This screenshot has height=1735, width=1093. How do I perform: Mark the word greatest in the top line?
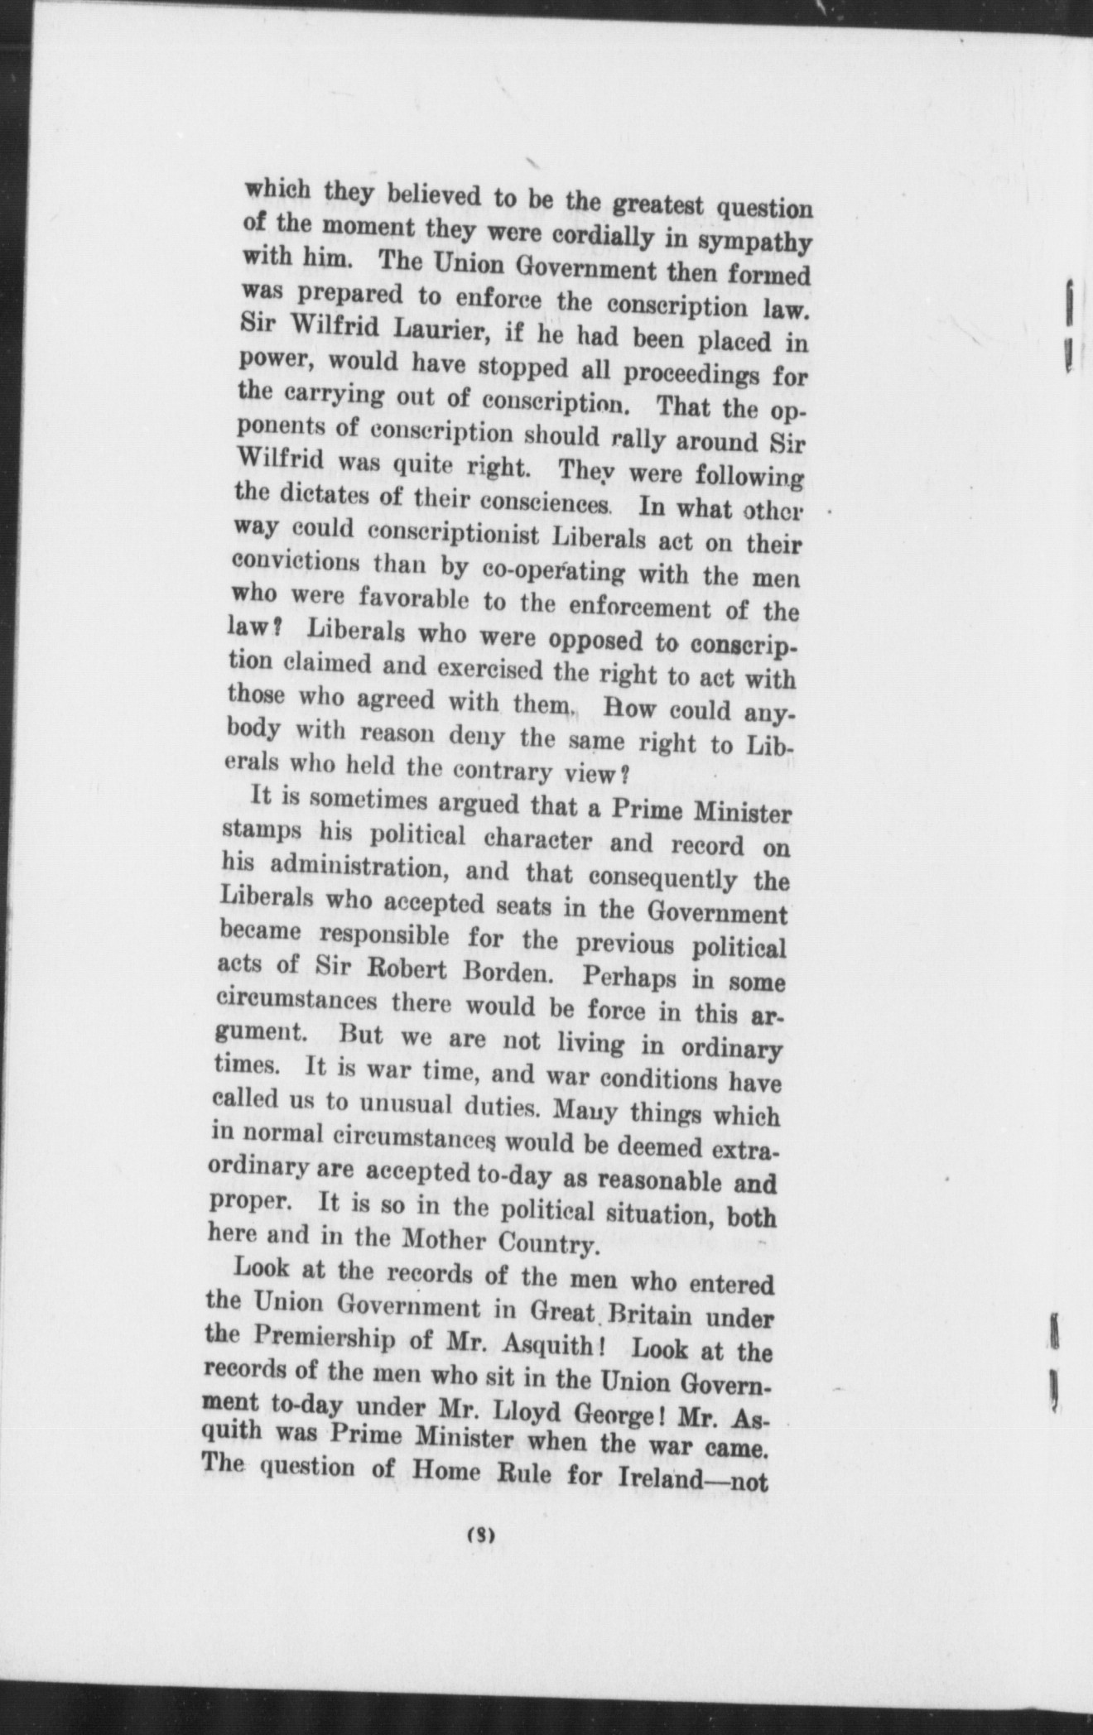[x=646, y=203]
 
